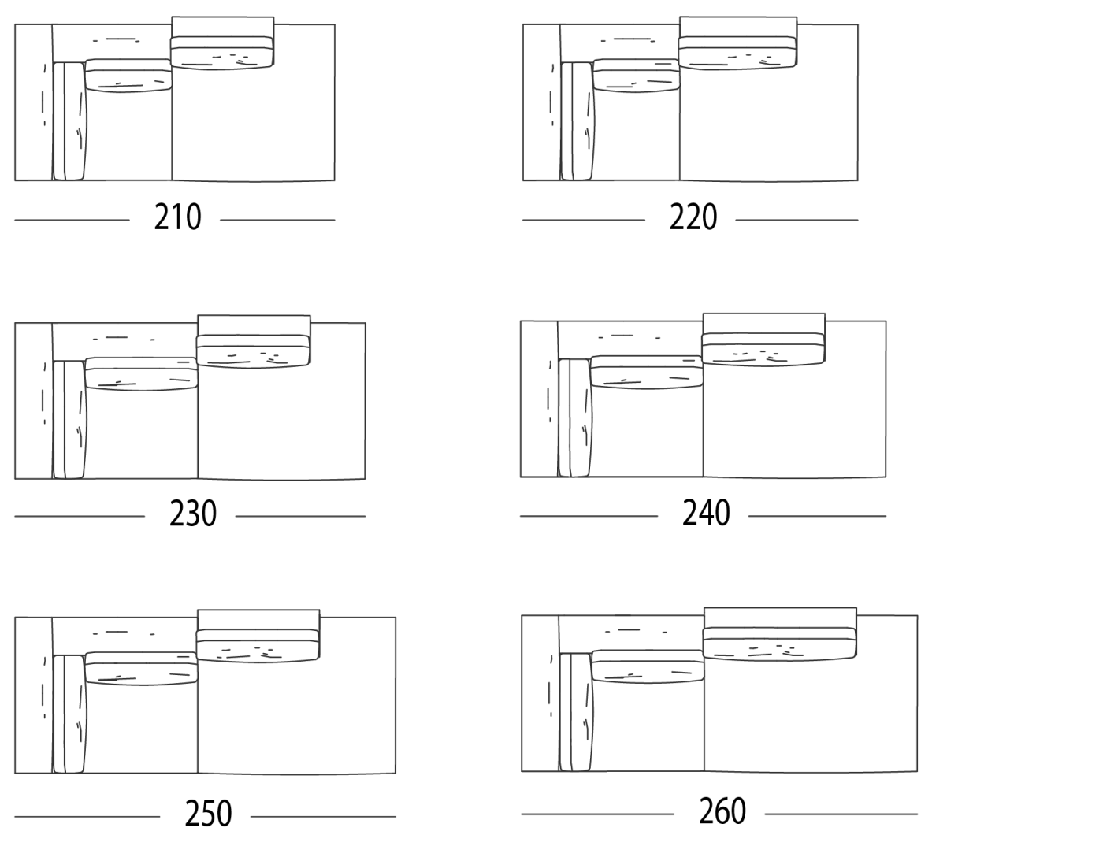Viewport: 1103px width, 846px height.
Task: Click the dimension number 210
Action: [177, 217]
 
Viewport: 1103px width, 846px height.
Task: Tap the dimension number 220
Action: [693, 217]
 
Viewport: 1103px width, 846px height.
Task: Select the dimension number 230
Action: [193, 514]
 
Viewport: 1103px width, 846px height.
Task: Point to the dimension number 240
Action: [706, 513]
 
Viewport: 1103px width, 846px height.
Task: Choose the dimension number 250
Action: [208, 814]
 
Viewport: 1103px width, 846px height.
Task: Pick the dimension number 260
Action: [722, 811]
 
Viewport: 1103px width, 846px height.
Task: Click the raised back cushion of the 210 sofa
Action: [222, 52]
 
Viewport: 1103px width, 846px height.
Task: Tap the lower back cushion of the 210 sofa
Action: [128, 76]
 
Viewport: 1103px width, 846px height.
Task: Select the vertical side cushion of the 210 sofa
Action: [69, 121]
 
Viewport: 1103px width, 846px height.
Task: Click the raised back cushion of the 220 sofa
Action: [737, 52]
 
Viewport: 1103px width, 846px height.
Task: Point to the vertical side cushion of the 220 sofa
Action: [577, 121]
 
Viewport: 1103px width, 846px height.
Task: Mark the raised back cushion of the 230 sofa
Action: [253, 351]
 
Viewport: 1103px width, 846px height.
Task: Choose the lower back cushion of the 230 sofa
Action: [141, 374]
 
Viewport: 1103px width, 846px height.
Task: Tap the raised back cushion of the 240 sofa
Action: [763, 349]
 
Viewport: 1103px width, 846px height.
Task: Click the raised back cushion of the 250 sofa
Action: [258, 646]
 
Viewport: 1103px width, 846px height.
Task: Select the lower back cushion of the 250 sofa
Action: [141, 669]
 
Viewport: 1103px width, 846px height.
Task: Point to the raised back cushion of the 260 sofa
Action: [779, 644]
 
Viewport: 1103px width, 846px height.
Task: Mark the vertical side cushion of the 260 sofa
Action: [576, 712]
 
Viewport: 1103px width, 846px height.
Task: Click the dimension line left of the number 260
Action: [597, 814]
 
